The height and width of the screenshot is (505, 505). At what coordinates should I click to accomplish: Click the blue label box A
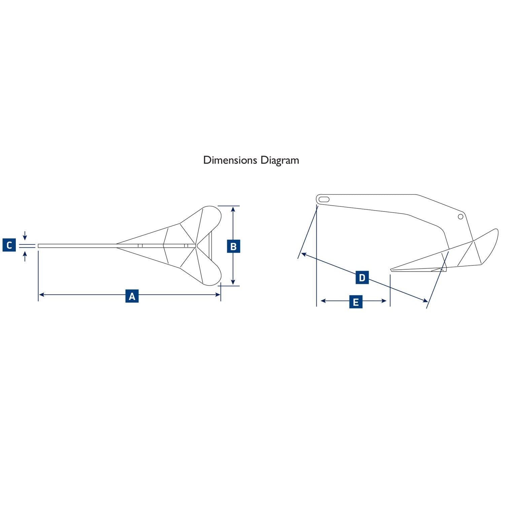pos(132,296)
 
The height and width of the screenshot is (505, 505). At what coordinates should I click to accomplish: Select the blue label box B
pos(233,246)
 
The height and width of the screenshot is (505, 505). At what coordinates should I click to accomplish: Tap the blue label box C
pos(9,245)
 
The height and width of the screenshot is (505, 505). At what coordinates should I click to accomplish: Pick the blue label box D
pos(362,277)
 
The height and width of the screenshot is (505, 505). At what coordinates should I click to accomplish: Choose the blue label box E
pos(356,301)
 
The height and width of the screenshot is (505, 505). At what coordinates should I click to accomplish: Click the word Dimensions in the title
pos(230,160)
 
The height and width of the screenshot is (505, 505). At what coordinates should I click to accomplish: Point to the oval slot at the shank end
pos(324,199)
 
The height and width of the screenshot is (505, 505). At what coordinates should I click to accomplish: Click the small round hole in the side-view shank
pos(461,217)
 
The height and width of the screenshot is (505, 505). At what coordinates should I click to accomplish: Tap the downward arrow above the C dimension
pos(25,236)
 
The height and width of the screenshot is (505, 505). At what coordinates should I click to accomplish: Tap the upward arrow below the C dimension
pos(25,257)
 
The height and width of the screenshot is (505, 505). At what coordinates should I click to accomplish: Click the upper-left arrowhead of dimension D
pos(304,254)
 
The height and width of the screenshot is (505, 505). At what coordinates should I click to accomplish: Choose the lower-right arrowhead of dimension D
pos(425,300)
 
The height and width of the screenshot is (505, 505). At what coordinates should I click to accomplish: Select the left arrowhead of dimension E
pos(323,301)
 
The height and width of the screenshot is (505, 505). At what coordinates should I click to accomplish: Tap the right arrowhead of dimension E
pos(383,301)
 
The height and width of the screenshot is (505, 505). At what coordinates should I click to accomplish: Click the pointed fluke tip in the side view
pos(391,270)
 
